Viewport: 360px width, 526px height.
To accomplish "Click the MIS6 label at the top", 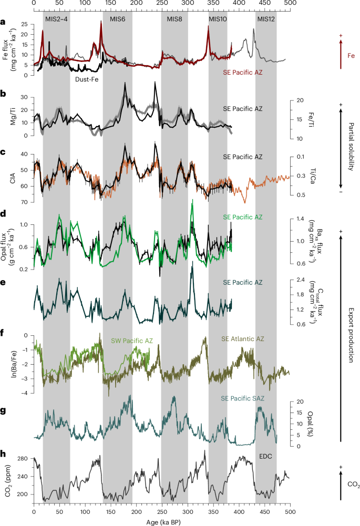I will [117, 19].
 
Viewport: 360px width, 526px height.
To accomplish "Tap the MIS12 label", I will [266, 19].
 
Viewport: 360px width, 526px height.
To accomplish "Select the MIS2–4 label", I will [56, 19].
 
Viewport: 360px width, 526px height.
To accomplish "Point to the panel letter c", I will [4, 153].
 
